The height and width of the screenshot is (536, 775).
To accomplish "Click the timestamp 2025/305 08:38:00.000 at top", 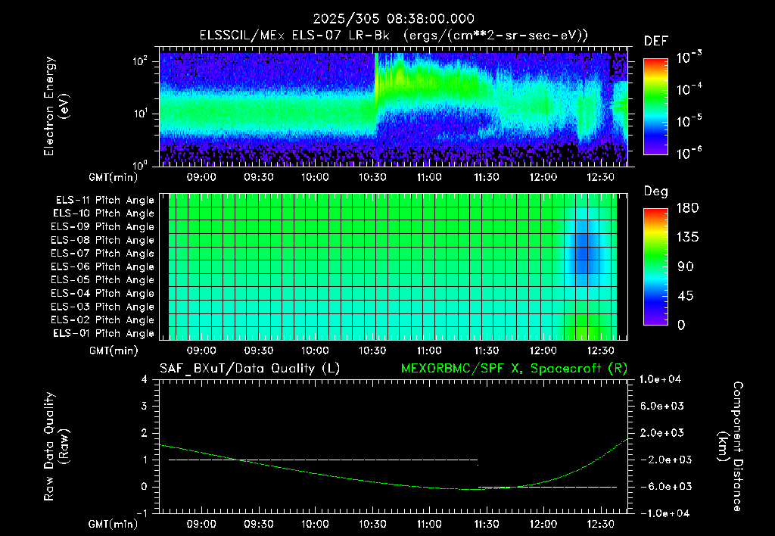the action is pos(394,19).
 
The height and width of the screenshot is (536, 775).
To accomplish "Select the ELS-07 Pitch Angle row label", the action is pos(102,253).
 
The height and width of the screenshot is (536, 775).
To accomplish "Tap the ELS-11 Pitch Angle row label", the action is pos(104,201).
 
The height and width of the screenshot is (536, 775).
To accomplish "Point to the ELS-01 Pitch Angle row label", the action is pos(103,333).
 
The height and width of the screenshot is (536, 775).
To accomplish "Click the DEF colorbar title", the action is pos(656,42).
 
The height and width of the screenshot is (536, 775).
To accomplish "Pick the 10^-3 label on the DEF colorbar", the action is pos(689,58).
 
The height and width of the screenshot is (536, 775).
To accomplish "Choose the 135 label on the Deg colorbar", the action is pos(687,238).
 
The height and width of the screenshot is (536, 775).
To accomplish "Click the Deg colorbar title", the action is pos(656,192).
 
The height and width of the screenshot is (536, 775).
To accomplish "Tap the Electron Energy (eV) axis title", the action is pos(56,106).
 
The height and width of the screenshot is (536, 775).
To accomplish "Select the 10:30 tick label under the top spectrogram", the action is pos(372,177).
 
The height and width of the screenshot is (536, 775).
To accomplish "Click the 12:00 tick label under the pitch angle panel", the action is pos(543,351).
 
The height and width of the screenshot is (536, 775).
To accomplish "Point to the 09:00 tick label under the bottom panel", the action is pos(201,524).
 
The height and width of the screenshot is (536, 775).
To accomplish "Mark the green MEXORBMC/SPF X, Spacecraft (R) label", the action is pos(514,369).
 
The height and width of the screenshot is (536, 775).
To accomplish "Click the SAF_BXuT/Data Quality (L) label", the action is pos(250,369).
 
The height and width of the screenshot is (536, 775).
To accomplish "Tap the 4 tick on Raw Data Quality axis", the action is pos(144,380).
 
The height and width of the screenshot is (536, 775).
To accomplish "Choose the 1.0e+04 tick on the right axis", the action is pos(660,380).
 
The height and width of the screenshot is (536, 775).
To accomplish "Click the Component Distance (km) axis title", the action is pos(730,447).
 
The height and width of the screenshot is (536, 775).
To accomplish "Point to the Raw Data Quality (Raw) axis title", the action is pos(56,447).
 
